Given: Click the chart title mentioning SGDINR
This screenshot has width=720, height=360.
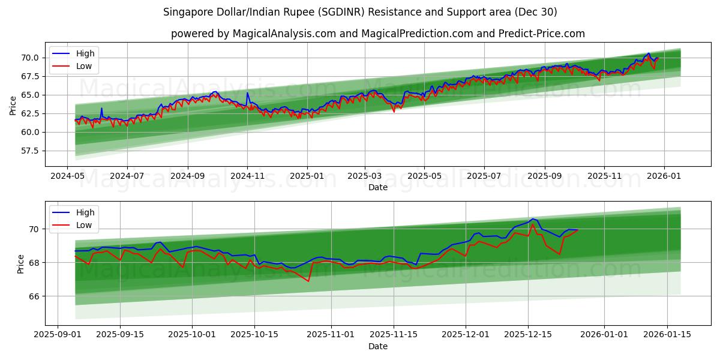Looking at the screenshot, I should (x=360, y=12).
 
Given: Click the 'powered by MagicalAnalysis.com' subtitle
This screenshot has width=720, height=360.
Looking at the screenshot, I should (x=378, y=34).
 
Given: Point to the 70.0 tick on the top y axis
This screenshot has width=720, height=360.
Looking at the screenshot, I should (x=31, y=58).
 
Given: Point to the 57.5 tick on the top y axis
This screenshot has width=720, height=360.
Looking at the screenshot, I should (x=31, y=151).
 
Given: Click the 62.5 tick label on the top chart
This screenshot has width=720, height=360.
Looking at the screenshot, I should (x=31, y=113).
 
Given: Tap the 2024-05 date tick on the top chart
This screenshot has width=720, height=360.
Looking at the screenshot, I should (x=67, y=176).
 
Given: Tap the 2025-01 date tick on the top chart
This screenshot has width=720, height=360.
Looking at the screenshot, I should (x=307, y=176).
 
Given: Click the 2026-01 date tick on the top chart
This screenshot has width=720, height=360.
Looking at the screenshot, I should (x=664, y=176).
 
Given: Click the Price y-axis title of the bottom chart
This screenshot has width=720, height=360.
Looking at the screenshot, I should (x=21, y=264).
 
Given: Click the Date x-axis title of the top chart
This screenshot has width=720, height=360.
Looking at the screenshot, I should (x=378, y=187).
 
